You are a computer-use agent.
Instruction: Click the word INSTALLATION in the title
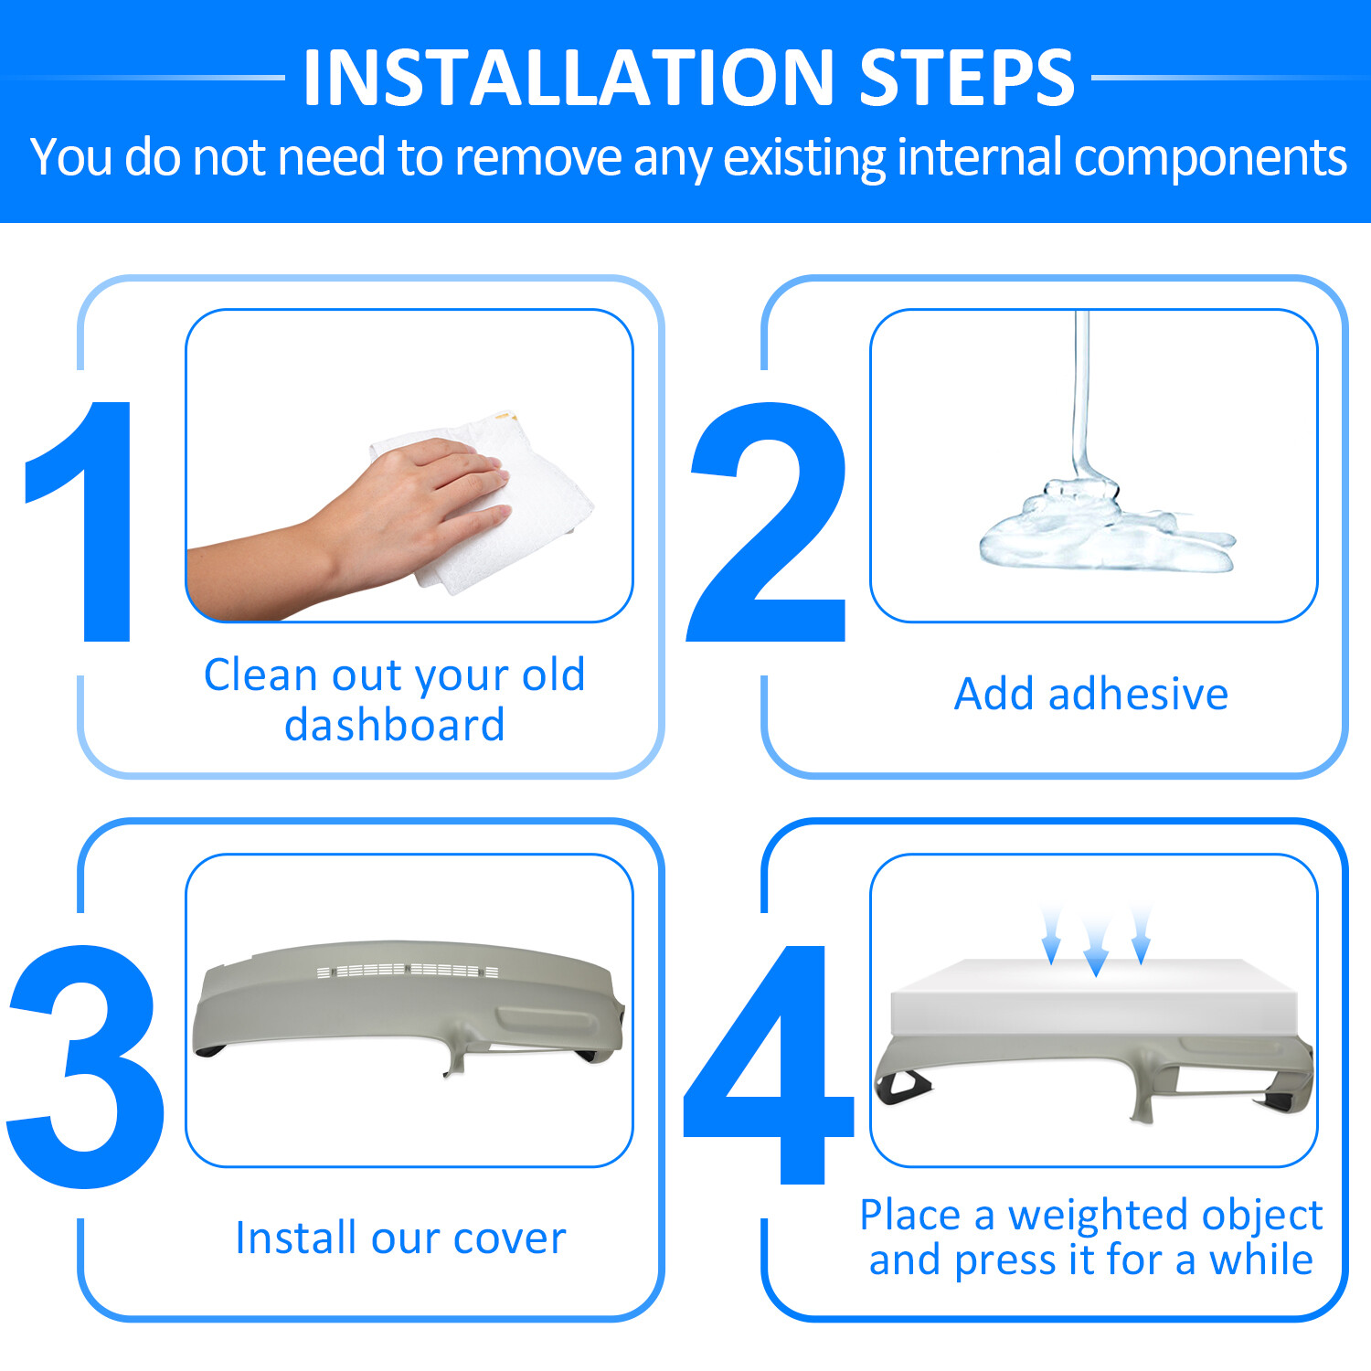click(569, 78)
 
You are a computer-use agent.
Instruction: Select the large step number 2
click(768, 521)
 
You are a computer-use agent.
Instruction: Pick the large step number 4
click(768, 1065)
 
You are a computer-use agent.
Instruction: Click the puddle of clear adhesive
click(1106, 535)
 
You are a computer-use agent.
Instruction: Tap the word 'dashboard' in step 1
click(395, 726)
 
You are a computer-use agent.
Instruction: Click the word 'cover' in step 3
click(509, 1239)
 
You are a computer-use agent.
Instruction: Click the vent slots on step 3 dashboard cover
click(408, 970)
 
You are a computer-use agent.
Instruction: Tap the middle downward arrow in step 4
click(1096, 946)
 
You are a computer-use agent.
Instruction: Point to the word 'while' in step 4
click(1261, 1259)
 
